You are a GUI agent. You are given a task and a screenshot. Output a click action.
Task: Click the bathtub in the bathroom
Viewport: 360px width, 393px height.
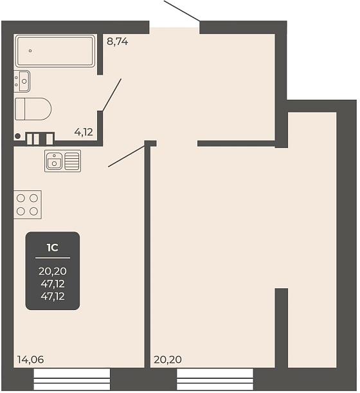click(55, 51)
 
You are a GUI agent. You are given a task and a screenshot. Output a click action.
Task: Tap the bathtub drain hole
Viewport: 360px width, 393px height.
click(30, 51)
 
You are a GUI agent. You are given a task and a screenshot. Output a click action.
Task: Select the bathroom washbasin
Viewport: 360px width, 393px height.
click(22, 81)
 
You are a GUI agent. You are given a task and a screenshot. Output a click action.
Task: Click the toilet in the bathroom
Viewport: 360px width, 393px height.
click(33, 109)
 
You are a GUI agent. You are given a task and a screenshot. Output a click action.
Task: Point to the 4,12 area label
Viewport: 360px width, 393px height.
click(84, 132)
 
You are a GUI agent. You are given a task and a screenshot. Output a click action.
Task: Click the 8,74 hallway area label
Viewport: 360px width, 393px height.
click(117, 41)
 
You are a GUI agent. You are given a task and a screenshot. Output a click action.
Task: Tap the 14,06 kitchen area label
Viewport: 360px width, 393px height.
click(31, 360)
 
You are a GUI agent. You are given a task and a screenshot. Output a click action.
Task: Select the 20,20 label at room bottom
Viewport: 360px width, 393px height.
click(168, 360)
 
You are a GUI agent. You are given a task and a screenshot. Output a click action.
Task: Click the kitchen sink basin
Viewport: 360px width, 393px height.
click(55, 161)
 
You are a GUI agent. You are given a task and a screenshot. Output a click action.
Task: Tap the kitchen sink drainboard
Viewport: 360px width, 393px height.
click(72, 161)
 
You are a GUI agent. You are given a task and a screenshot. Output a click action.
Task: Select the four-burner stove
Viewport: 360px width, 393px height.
click(28, 205)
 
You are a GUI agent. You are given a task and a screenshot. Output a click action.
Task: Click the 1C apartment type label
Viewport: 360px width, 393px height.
click(53, 248)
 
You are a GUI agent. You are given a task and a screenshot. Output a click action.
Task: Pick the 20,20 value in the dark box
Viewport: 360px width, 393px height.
click(53, 271)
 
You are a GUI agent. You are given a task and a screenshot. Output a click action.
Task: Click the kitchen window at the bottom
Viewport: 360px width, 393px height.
click(72, 379)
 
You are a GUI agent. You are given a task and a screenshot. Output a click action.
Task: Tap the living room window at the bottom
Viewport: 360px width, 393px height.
click(215, 379)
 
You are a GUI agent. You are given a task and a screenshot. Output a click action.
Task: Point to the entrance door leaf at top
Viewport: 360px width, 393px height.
click(182, 10)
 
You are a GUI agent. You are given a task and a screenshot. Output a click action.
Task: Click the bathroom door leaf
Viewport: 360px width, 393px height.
click(112, 95)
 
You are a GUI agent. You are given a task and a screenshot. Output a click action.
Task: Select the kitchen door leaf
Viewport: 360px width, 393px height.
click(127, 156)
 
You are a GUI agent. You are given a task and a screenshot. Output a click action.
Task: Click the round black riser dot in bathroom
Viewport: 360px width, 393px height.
click(17, 136)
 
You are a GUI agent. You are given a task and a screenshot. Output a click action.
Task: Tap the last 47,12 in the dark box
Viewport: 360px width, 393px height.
click(53, 297)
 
